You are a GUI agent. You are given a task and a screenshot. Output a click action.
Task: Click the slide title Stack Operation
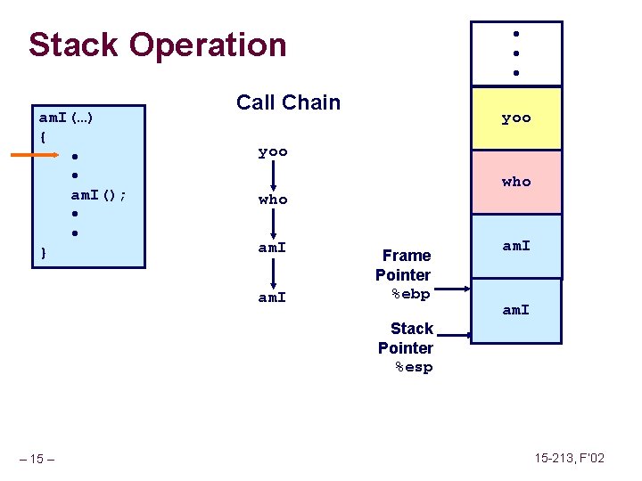tap(157, 45)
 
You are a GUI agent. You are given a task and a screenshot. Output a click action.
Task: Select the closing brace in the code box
tap(44, 254)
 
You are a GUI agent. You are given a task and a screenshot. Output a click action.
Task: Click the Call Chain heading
tap(288, 102)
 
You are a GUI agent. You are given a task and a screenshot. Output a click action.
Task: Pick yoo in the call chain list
tap(273, 152)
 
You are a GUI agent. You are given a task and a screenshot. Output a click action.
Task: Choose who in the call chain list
tap(273, 200)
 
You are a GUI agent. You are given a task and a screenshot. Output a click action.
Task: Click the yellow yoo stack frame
tap(516, 118)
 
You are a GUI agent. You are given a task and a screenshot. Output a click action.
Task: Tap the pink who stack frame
tap(516, 182)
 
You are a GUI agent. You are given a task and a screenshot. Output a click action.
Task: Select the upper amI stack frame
tap(516, 246)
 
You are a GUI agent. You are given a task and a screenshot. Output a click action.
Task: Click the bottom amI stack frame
tap(516, 310)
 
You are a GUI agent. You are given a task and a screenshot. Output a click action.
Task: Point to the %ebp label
tap(411, 294)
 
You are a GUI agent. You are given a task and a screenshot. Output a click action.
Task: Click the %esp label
tap(414, 367)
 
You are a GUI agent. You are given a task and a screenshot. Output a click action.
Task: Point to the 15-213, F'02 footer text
tap(570, 458)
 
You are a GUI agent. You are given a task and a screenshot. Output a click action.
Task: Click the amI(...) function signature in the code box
tap(68, 117)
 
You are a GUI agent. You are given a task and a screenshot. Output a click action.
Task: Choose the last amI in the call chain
tap(273, 298)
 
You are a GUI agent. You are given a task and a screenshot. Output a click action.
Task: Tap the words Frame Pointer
tap(404, 265)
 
